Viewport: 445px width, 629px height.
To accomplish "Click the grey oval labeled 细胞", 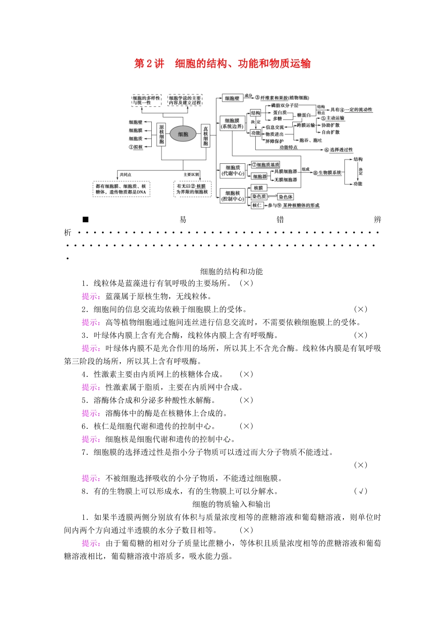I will pyautogui.click(x=183, y=134).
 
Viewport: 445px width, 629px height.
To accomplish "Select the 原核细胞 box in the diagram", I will pyautogui.click(x=162, y=134).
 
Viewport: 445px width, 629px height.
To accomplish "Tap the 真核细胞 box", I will pyautogui.click(x=205, y=135).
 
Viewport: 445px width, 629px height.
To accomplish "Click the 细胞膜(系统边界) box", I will pyautogui.click(x=232, y=124).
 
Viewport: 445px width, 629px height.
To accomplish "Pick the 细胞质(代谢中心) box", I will pyautogui.click(x=233, y=170).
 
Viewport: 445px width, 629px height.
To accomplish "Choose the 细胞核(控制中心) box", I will pyautogui.click(x=233, y=196).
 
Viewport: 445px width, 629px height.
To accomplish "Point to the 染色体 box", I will pyautogui.click(x=285, y=197).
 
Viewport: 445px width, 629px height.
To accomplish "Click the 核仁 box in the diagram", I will pyautogui.click(x=257, y=205).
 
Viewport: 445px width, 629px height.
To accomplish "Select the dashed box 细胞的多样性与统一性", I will pyautogui.click(x=146, y=100).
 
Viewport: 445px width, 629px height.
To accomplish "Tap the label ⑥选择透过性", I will pyautogui.click(x=339, y=150).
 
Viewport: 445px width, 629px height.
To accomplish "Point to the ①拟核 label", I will pyautogui.click(x=136, y=147).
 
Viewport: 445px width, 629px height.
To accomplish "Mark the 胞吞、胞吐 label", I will pyautogui.click(x=311, y=140).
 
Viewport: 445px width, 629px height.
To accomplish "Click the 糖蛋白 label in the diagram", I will pyautogui.click(x=304, y=115).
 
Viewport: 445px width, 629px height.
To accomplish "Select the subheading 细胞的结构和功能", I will pyautogui.click(x=231, y=271).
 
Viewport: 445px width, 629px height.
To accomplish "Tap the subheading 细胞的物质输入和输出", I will pyautogui.click(x=231, y=504).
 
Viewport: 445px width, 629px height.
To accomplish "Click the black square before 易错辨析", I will pyautogui.click(x=85, y=219).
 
